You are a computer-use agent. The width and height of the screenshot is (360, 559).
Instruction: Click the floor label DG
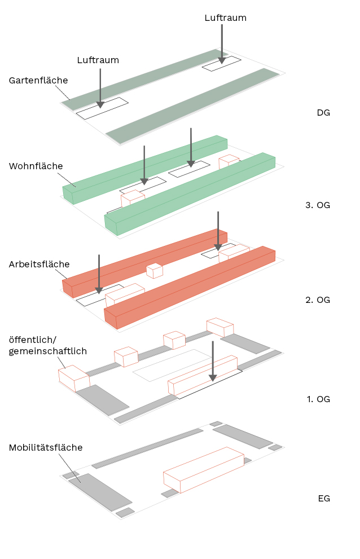323,112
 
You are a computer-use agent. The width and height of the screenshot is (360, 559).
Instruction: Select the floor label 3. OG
318,205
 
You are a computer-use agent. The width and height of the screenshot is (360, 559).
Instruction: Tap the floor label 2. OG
318,300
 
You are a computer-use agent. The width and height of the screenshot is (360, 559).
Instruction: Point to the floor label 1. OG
318,399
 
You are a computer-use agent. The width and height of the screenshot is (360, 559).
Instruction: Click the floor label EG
324,498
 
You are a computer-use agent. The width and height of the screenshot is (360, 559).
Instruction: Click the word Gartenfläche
38,80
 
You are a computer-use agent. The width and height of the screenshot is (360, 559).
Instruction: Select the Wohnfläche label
36,166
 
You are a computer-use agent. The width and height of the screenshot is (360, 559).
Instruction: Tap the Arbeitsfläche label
39,264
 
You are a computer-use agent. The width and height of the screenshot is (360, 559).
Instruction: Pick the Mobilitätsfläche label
46,447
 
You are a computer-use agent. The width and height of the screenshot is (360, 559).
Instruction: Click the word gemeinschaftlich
48,351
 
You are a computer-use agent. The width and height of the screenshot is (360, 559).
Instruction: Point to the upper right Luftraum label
225,17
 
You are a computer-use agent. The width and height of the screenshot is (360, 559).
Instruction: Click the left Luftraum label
98,60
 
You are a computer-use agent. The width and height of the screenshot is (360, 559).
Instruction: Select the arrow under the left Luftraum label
100,87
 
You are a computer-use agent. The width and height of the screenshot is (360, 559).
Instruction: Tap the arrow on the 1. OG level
213,361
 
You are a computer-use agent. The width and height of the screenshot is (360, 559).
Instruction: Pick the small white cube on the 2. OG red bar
154,271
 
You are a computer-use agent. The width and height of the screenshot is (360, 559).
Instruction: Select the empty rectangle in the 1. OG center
172,364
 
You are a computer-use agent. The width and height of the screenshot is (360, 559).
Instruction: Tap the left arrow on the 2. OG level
99,274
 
